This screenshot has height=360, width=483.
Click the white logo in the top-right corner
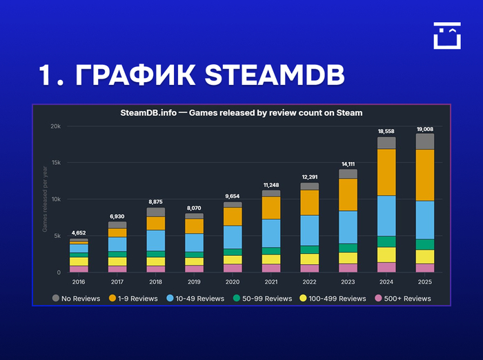coord(446,35)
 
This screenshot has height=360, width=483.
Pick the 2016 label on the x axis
coord(79,282)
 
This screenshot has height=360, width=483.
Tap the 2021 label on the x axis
coord(271,282)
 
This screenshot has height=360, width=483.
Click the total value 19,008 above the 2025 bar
coord(424,129)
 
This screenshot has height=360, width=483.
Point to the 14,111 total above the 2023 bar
coord(348,164)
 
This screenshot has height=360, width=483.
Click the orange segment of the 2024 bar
coord(386,172)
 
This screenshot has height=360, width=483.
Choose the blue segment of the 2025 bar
coord(425,220)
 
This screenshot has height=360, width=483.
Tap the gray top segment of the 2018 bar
coord(156,212)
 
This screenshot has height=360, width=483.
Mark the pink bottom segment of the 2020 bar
coord(233,268)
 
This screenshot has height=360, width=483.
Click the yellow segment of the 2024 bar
coord(386,254)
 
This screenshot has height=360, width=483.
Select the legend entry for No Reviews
coord(72,299)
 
